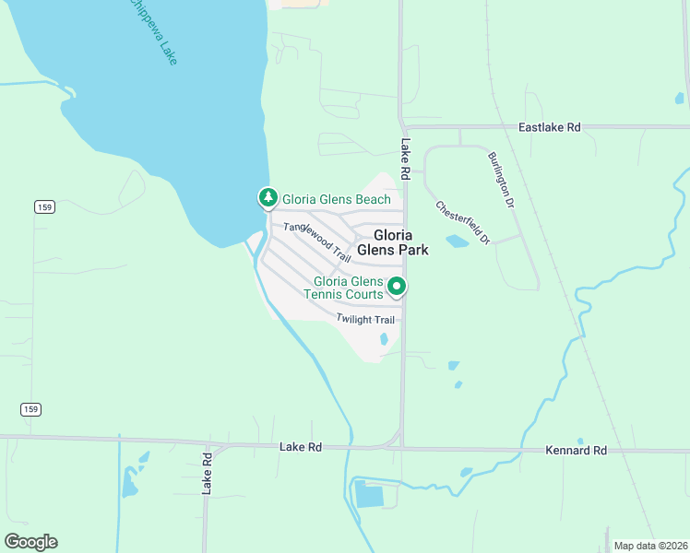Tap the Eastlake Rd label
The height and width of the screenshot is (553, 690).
pyautogui.click(x=550, y=127)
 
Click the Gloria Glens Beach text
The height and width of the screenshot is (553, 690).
pyautogui.click(x=336, y=199)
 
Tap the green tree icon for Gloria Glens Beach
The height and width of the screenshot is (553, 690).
pyautogui.click(x=268, y=197)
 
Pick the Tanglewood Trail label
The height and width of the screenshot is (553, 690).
pyautogui.click(x=317, y=239)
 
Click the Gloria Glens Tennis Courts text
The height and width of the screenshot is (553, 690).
pyautogui.click(x=348, y=288)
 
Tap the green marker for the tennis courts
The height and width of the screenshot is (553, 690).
pyautogui.click(x=397, y=287)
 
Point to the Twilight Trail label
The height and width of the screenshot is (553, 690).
pyautogui.click(x=365, y=319)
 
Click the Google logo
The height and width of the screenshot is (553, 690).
pyautogui.click(x=31, y=542)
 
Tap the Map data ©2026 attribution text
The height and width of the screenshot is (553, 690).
pyautogui.click(x=650, y=546)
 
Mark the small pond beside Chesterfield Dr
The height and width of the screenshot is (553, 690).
pyautogui.click(x=457, y=241)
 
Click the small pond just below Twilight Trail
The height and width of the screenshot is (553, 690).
pyautogui.click(x=384, y=339)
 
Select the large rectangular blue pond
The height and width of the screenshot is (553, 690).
pyautogui.click(x=369, y=495)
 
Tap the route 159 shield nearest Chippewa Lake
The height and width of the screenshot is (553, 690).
pyautogui.click(x=44, y=207)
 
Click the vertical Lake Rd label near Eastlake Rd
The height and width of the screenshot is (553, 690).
pyautogui.click(x=405, y=153)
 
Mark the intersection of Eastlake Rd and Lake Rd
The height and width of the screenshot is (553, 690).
pyautogui.click(x=402, y=127)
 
